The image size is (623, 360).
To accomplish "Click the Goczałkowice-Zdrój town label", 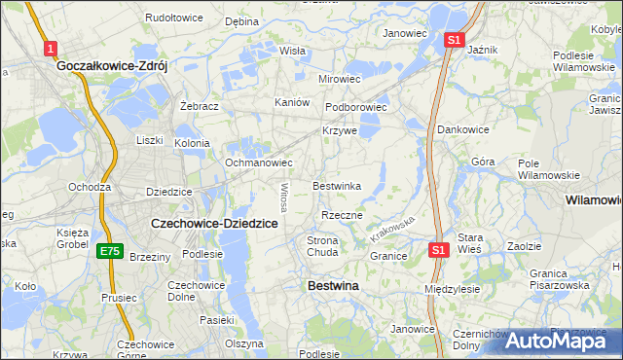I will click(x=113, y=66).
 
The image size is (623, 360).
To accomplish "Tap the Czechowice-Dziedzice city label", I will click(x=215, y=223).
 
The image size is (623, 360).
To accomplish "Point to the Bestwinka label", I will click(x=337, y=186).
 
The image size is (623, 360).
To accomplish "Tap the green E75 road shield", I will click(x=109, y=251).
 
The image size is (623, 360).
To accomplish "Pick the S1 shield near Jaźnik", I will click(x=453, y=40).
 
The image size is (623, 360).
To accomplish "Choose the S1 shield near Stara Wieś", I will click(x=438, y=250).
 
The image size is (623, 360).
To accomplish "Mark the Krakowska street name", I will click(x=392, y=231).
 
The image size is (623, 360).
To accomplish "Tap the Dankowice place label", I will click(x=463, y=128).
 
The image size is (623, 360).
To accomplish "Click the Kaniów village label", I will click(x=292, y=102).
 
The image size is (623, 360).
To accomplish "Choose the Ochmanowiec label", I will click(x=259, y=162).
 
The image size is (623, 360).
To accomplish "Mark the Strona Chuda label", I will click(x=322, y=246).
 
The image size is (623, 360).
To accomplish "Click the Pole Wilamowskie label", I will click(x=548, y=168).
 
